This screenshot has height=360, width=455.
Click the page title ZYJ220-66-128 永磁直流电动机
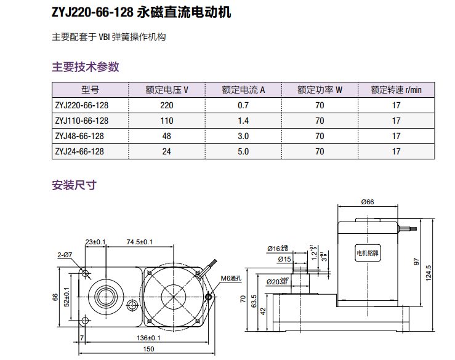click(x=142, y=12)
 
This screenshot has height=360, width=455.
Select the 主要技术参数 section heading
click(x=86, y=67)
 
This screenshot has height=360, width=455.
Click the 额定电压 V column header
click(x=166, y=90)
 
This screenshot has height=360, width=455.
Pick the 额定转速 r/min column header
click(x=396, y=90)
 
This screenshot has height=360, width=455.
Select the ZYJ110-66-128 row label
click(x=81, y=121)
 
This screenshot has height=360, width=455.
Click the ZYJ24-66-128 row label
click(x=79, y=151)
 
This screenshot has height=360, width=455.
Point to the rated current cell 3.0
click(x=243, y=136)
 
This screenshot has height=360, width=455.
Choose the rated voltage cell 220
click(x=166, y=105)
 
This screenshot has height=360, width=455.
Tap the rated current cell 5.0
click(x=243, y=151)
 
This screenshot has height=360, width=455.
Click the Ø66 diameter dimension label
click(x=368, y=201)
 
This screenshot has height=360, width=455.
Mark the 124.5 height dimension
click(x=438, y=271)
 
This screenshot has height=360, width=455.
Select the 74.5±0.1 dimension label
click(x=139, y=241)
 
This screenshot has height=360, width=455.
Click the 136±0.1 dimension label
click(x=147, y=338)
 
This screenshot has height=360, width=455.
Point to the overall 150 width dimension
click(x=148, y=350)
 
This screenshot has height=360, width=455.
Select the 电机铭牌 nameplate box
click(x=369, y=252)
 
